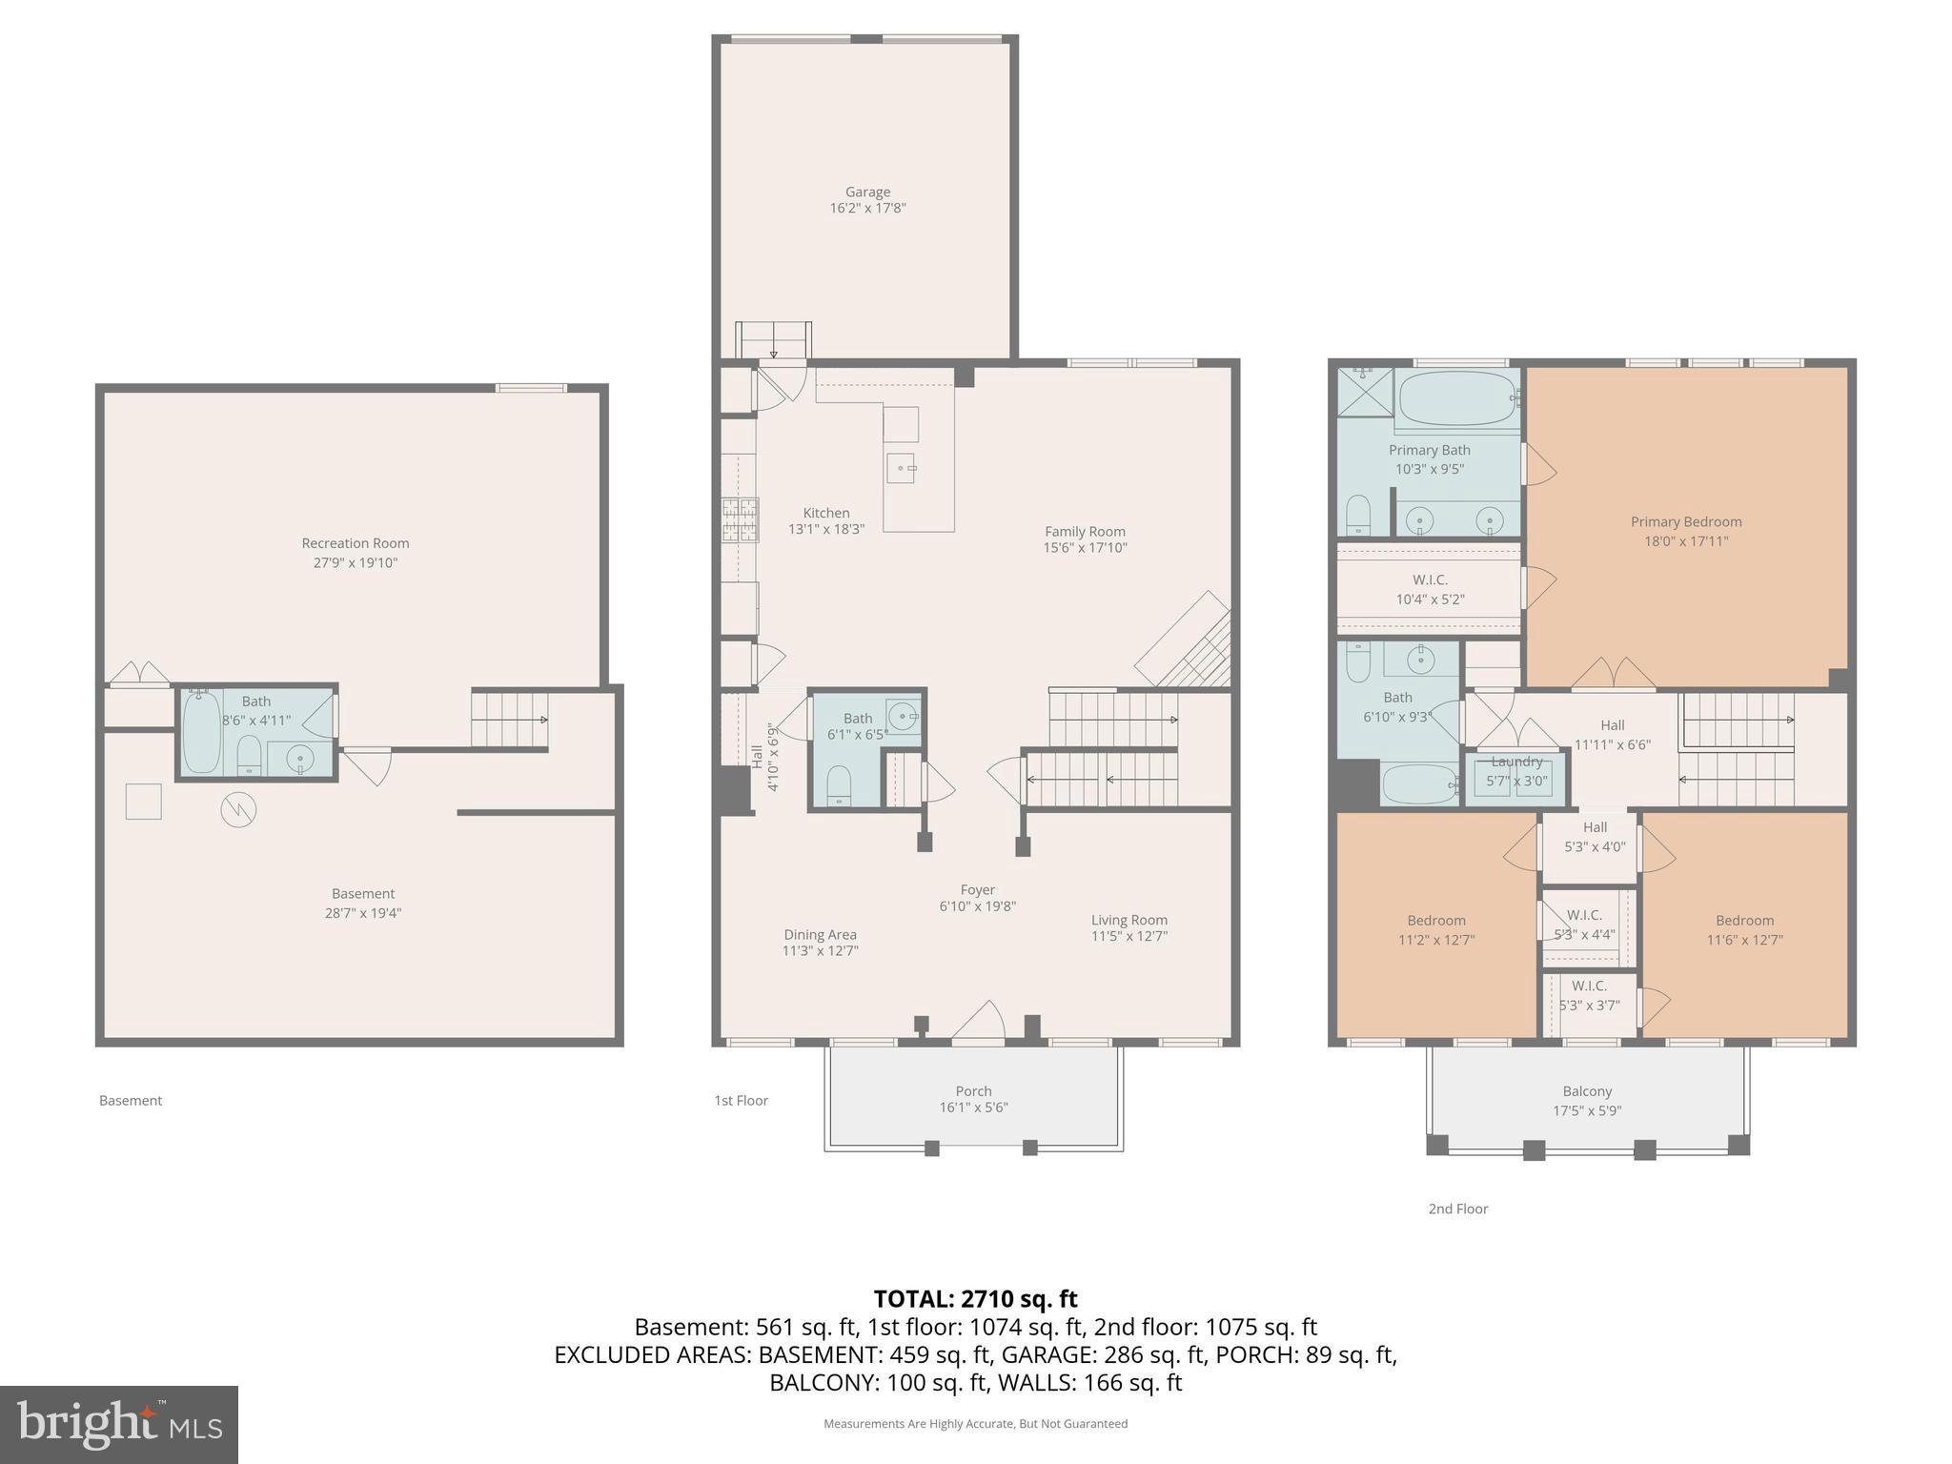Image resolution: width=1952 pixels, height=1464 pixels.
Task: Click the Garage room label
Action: tap(867, 192)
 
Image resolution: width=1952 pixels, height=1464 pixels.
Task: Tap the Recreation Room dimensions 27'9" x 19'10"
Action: tap(355, 562)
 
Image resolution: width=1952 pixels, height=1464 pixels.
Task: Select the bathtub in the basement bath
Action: tap(201, 732)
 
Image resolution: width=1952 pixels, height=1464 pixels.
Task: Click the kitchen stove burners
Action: tap(741, 520)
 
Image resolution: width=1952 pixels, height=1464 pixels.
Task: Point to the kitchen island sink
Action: tap(901, 468)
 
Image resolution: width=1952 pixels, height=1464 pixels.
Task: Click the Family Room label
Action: tap(1085, 532)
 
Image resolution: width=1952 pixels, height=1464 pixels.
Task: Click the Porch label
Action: tap(973, 1090)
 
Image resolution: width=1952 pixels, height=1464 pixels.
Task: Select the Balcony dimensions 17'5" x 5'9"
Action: tap(1587, 1110)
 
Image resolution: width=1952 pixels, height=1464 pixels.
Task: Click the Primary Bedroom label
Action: tap(1685, 521)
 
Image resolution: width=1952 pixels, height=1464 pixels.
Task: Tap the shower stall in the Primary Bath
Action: tap(1365, 392)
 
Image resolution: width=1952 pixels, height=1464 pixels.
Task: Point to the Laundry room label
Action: tap(1516, 762)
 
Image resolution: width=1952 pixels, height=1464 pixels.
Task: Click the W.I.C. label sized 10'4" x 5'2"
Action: tap(1430, 579)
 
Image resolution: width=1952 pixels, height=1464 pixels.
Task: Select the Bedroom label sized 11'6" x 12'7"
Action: tap(1744, 920)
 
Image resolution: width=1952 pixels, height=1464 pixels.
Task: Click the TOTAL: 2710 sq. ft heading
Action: tap(975, 1299)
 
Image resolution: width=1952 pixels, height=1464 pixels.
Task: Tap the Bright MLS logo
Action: tap(119, 1424)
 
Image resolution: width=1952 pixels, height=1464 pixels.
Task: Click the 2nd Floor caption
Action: tap(1457, 1209)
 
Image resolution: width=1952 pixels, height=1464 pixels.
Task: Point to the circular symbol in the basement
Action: tap(238, 810)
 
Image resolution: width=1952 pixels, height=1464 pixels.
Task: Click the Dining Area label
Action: tap(820, 934)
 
